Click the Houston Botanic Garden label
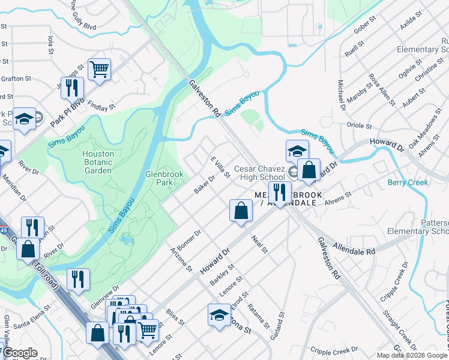(x=98, y=162)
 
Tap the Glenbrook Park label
(x=164, y=178)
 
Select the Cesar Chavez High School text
(x=259, y=173)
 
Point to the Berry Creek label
(x=408, y=182)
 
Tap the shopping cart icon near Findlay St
(x=99, y=68)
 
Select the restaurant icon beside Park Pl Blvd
(x=71, y=88)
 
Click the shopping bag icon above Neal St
(x=241, y=211)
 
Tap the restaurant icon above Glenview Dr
(x=79, y=279)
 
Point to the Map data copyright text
(x=412, y=355)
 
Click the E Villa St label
(x=220, y=167)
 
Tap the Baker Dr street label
(x=204, y=184)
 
